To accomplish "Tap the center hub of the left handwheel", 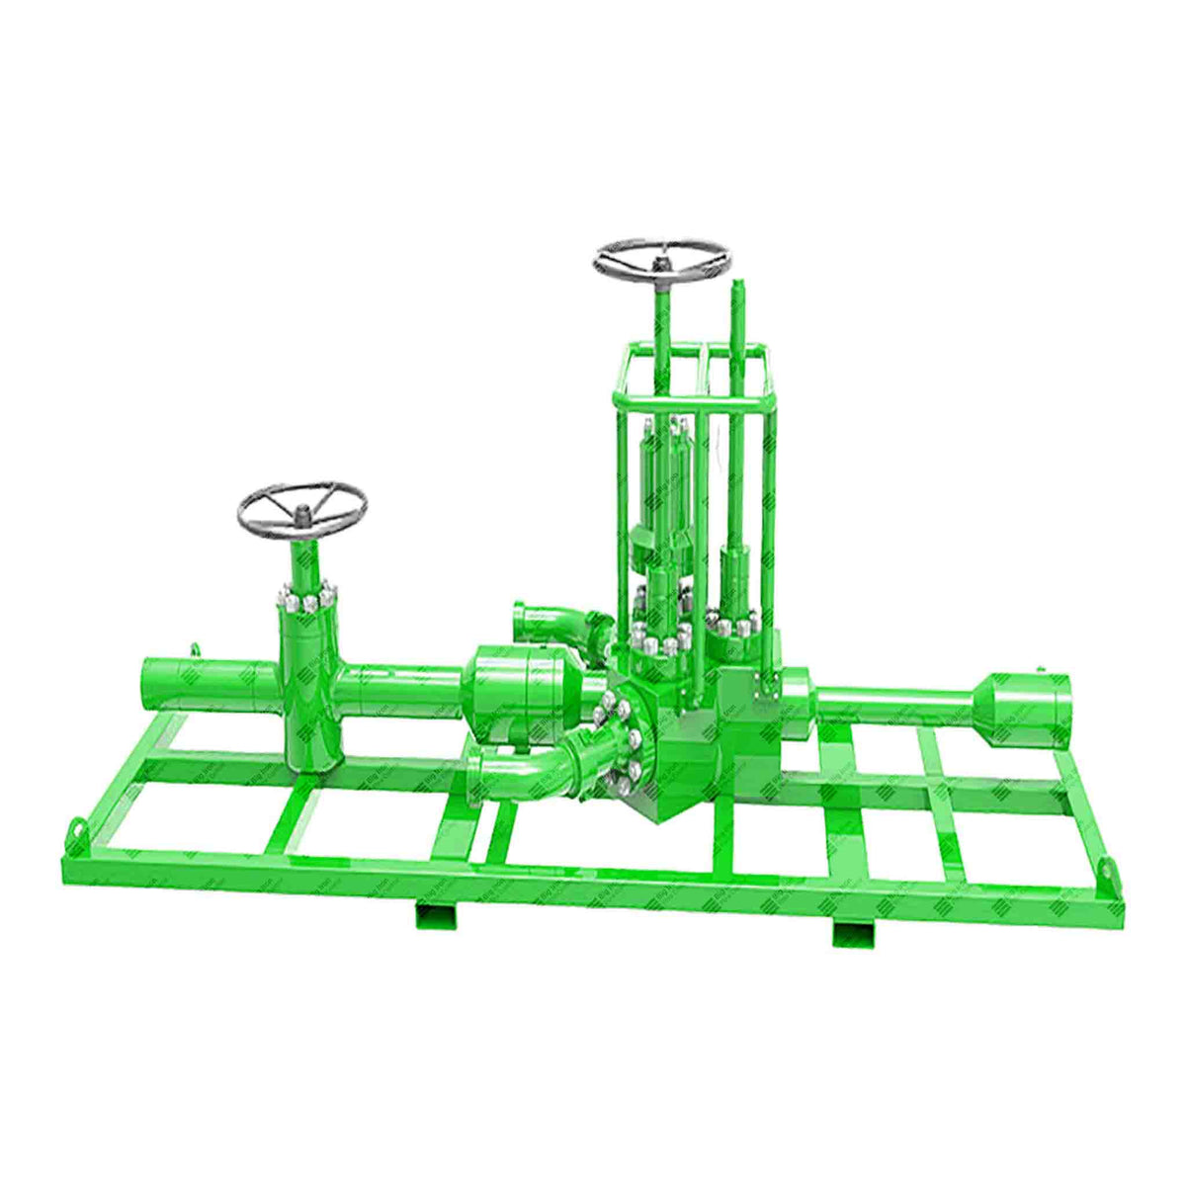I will (300, 513).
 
